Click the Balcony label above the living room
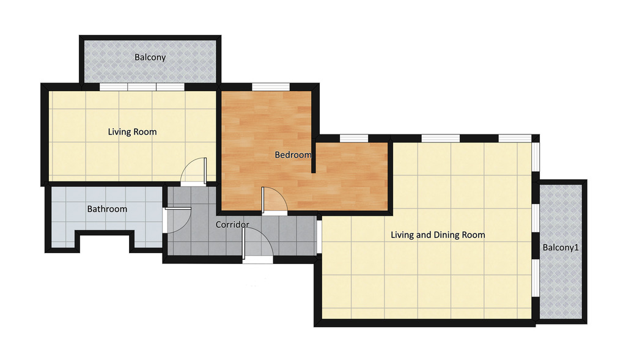coord(150,57)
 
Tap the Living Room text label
coord(132,132)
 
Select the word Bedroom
coord(293,155)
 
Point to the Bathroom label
coord(107,209)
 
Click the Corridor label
coord(232,225)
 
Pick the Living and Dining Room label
coord(438,235)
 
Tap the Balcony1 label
coord(561,248)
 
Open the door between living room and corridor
coord(194,171)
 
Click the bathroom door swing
coord(178,220)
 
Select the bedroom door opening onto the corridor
coord(274,199)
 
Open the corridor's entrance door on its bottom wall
coord(257,246)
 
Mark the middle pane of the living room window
coord(142,87)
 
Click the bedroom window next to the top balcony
coord(271,87)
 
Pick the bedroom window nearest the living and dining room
coord(354,138)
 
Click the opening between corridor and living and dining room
coord(319,236)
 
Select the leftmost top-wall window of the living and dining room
coord(441,138)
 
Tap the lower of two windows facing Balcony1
coord(536,278)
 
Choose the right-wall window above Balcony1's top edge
coord(536,157)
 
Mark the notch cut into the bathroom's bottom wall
coord(105,241)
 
